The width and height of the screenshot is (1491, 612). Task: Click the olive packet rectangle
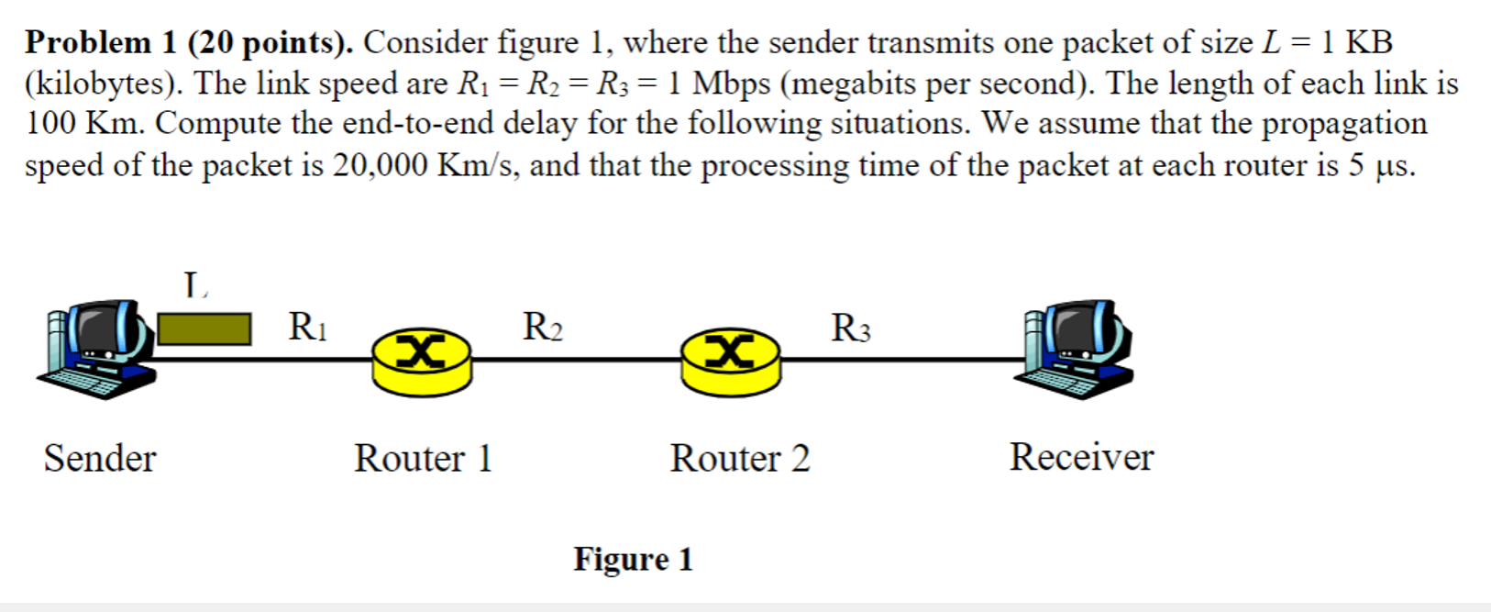tap(204, 329)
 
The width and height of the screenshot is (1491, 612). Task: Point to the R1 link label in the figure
tap(307, 327)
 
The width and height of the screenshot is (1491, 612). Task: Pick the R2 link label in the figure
tap(543, 327)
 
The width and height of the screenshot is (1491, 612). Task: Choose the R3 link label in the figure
tap(851, 328)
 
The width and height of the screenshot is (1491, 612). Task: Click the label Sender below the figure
tap(100, 458)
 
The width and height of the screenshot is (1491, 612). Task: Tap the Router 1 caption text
tap(424, 458)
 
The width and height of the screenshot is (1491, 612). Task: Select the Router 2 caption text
tap(740, 458)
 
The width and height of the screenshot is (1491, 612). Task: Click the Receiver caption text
tap(1082, 457)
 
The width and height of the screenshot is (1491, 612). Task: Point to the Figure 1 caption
tap(634, 560)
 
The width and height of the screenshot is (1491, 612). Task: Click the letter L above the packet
tap(195, 285)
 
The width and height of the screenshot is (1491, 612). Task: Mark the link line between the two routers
tap(577, 360)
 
